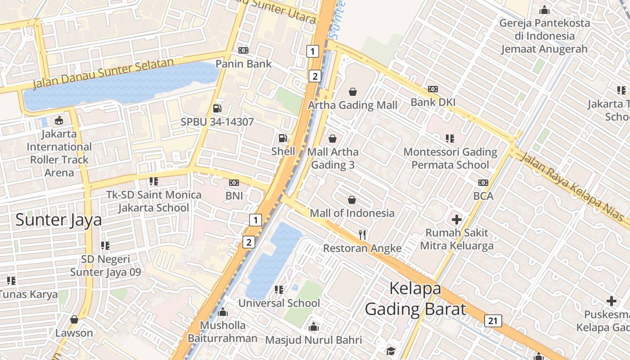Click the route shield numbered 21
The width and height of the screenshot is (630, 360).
pos(493,321)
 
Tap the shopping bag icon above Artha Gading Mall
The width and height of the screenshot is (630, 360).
pos(353,92)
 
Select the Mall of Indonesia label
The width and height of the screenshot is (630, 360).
pos(352,213)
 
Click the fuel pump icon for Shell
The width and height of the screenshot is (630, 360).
pos(283,138)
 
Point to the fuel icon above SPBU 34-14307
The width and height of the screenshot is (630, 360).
pos(217,108)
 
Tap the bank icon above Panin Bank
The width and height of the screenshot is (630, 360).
pos(243,50)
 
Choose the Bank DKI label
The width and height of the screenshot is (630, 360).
pos(433,102)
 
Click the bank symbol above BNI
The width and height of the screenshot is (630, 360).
pos(234,183)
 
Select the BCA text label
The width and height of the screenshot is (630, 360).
pos(483,196)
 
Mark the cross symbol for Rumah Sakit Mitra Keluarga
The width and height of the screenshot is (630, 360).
pos(457,220)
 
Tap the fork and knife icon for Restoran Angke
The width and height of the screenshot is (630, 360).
pos(362,234)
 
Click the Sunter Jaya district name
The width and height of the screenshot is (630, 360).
pos(58,220)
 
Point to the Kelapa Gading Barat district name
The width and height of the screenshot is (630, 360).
pos(415,299)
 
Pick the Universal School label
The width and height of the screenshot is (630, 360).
pos(279,303)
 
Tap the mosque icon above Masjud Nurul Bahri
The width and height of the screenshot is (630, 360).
pos(314,327)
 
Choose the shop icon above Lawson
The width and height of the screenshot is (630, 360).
pos(74,319)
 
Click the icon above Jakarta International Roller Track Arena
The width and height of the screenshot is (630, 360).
pos(59,121)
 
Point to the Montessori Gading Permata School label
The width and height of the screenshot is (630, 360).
pos(450,158)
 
